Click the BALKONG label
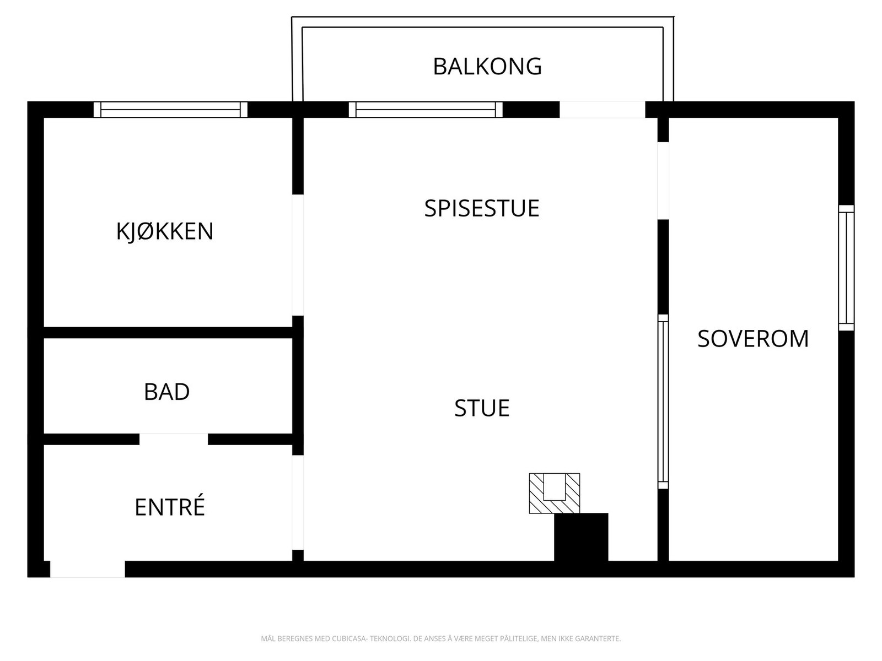pyautogui.click(x=487, y=66)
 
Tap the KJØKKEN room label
pyautogui.click(x=165, y=231)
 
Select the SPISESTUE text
pyautogui.click(x=481, y=208)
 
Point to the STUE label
pyautogui.click(x=482, y=408)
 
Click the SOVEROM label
pyautogui.click(x=753, y=339)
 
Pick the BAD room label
pyautogui.click(x=166, y=392)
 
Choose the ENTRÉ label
pyautogui.click(x=170, y=507)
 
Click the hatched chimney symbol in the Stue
pyautogui.click(x=554, y=494)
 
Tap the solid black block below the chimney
pyautogui.click(x=581, y=537)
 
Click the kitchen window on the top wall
pyautogui.click(x=170, y=110)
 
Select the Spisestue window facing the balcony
pyautogui.click(x=426, y=110)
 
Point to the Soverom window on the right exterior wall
pyautogui.click(x=846, y=268)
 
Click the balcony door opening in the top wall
pyautogui.click(x=602, y=110)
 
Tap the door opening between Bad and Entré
pyautogui.click(x=174, y=439)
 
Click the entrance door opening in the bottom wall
pyautogui.click(x=88, y=569)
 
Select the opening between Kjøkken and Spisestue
pyautogui.click(x=298, y=255)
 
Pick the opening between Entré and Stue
pyautogui.click(x=298, y=502)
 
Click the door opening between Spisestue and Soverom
pyautogui.click(x=663, y=181)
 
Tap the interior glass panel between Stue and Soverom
pyautogui.click(x=663, y=402)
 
